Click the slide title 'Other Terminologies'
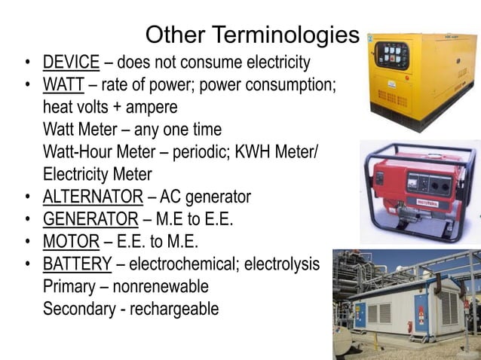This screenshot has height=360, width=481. coord(252,35)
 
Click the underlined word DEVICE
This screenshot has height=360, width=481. coord(71,62)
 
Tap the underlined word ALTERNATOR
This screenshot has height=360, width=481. coord(93,197)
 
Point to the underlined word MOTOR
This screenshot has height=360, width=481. coord(71,242)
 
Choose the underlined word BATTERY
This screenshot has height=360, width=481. coord(77,264)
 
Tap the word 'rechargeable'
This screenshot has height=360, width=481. coord(174,309)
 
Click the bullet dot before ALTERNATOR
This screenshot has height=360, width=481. coord(27,198)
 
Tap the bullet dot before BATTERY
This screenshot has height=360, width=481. coord(27,265)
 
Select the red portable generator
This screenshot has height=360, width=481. coord(419,188)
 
